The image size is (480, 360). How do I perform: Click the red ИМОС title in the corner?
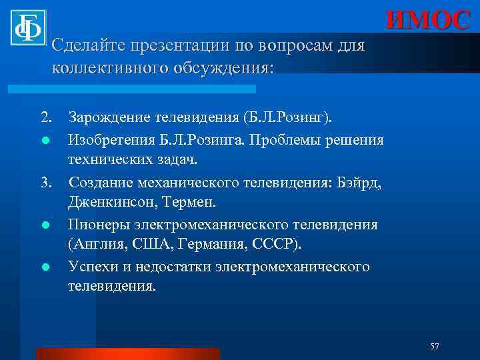(x=428, y=20)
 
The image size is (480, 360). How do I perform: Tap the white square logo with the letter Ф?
(x=27, y=27)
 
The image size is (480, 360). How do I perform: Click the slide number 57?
(x=434, y=345)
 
